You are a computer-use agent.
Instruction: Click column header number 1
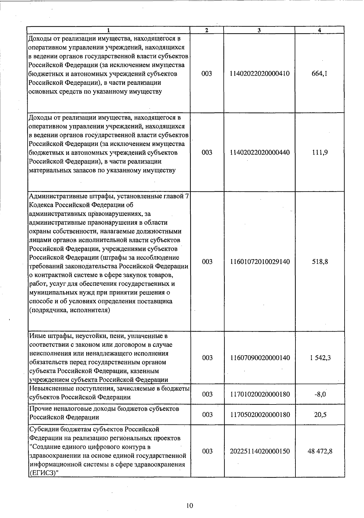tap(109, 30)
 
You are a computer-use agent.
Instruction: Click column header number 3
tap(259, 30)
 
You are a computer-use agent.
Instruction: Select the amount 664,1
tap(319, 74)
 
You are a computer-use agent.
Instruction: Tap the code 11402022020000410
tap(260, 74)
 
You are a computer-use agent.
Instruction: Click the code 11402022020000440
tap(260, 152)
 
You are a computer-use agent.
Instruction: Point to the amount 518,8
tap(320, 262)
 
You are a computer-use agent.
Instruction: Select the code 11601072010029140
tap(260, 262)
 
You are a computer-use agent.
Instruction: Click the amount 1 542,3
tap(320, 358)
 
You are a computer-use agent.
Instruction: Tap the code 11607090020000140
tap(260, 358)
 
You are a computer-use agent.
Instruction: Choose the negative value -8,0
tap(320, 394)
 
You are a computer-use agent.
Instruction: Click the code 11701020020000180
tap(260, 394)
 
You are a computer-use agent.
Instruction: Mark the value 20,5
tap(320, 415)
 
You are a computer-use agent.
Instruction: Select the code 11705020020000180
tap(260, 415)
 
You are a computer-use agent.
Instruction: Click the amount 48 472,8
tap(320, 452)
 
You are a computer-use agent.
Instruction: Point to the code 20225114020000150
tap(260, 452)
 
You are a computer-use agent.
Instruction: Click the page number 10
tap(190, 506)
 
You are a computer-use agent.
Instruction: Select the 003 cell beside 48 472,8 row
tap(207, 452)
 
